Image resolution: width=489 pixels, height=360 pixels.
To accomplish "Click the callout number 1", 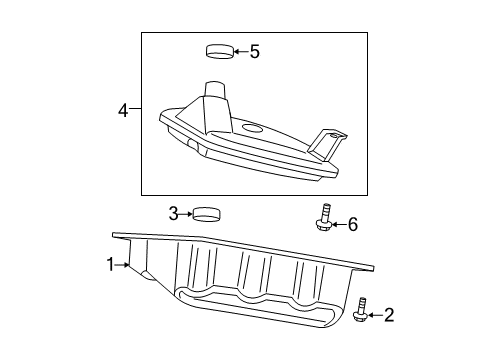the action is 111,264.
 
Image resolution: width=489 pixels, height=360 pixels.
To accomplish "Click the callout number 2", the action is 389,315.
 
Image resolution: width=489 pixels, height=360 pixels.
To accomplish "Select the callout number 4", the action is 123,111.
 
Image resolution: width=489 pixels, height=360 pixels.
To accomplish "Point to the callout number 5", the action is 254,50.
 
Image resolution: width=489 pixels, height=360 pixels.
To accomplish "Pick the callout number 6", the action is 352,224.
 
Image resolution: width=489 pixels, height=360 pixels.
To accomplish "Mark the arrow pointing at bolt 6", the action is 339,224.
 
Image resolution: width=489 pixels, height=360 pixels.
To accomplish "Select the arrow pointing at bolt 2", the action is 375,315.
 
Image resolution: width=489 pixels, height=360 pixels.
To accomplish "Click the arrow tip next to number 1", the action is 129,265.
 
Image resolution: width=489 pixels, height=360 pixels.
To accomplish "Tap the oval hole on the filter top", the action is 252,128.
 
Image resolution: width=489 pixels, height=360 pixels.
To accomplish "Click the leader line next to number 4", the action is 135,111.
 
